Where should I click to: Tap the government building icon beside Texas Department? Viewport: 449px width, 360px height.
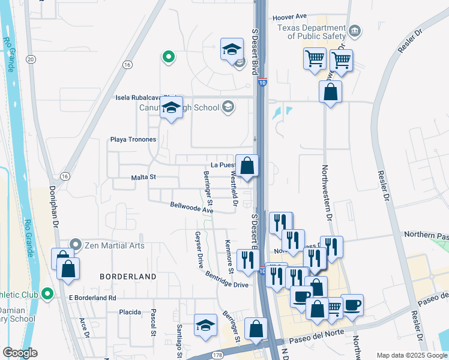point(355,31)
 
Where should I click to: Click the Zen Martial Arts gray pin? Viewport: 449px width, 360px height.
point(75,244)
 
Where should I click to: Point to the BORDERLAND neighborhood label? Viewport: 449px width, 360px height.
point(128,277)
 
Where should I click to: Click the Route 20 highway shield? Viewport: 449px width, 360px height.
point(31,59)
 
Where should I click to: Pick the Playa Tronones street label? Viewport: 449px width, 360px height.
point(133,139)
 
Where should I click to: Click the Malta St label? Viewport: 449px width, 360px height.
point(143,177)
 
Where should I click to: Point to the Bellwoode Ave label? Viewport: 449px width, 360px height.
point(191,208)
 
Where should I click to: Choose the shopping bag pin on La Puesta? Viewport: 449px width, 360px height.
point(247,166)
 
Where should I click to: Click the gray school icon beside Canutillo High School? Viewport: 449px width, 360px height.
point(228,107)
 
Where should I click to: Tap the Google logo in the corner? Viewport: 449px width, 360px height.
point(20,353)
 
